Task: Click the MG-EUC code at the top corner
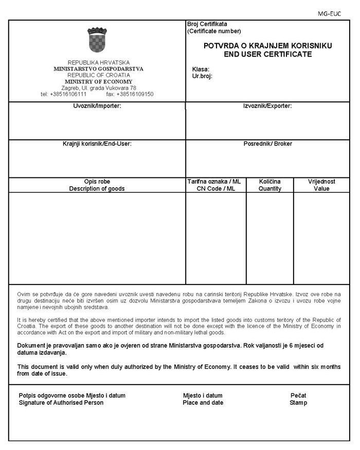pyautogui.click(x=330, y=14)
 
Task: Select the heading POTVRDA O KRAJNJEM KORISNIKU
pyautogui.click(x=267, y=46)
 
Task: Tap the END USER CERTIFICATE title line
pyautogui.click(x=267, y=53)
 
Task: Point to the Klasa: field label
pyautogui.click(x=201, y=69)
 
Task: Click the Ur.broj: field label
pyautogui.click(x=202, y=76)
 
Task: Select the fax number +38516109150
pyautogui.click(x=135, y=94)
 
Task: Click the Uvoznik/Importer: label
pyautogui.click(x=97, y=106)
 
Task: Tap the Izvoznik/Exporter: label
pyautogui.click(x=267, y=106)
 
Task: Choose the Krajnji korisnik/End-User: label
pyautogui.click(x=97, y=144)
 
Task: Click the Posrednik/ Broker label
pyautogui.click(x=267, y=144)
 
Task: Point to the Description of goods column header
pyautogui.click(x=97, y=189)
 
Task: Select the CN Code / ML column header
pyautogui.click(x=215, y=189)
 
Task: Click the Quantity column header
pyautogui.click(x=270, y=189)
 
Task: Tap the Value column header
pyautogui.click(x=321, y=189)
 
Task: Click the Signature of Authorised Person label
pyautogui.click(x=61, y=403)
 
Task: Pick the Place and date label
pyautogui.click(x=203, y=403)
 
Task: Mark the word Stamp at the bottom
pyautogui.click(x=298, y=403)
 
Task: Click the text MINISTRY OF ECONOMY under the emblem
pyautogui.click(x=98, y=82)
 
